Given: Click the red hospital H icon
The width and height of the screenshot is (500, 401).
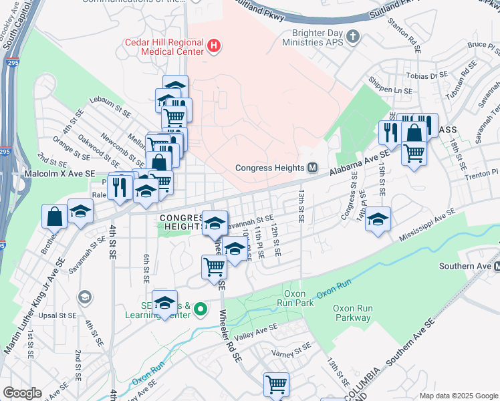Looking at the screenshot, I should point(213,45).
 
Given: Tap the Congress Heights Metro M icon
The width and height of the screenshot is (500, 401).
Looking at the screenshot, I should point(312,168).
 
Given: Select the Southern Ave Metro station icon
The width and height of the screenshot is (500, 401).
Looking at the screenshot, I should point(496,266).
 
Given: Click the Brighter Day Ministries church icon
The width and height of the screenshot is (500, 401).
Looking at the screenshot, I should point(354,35).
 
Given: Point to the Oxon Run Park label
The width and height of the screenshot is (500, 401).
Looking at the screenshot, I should point(295,298).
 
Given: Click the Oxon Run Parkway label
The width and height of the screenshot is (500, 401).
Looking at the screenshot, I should point(352,313).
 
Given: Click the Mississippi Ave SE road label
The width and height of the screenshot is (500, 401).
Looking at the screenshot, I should point(428,225).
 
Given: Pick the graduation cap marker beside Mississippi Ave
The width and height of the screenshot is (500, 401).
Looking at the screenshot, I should point(378,219).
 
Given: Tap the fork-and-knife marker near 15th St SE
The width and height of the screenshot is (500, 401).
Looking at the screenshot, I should point(388,132).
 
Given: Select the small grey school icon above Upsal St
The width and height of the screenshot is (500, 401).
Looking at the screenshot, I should point(85,297).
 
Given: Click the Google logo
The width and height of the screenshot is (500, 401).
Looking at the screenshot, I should point(22,392).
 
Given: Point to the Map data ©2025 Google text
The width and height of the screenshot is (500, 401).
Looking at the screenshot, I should point(458,395).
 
